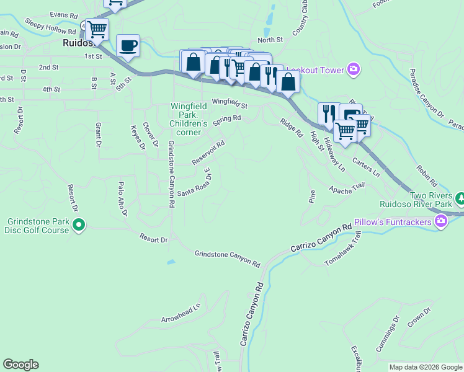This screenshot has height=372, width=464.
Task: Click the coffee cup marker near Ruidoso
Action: (128, 45)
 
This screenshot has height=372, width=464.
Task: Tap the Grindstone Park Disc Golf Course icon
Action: (79, 226)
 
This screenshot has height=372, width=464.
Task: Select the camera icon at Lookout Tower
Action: (354, 69)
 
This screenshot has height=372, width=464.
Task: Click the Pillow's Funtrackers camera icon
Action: (441, 220)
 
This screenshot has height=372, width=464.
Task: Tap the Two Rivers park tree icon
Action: (460, 198)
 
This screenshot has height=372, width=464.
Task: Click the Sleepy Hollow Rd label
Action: (50, 25)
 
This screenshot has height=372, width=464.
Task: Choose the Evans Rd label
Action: (64, 14)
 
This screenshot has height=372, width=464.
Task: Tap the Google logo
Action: (20, 365)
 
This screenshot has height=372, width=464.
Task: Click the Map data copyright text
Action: (426, 367)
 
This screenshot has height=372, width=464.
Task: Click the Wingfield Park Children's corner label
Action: (185, 119)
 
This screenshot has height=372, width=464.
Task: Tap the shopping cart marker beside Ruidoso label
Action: (97, 29)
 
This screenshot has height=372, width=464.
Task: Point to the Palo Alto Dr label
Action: (122, 198)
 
